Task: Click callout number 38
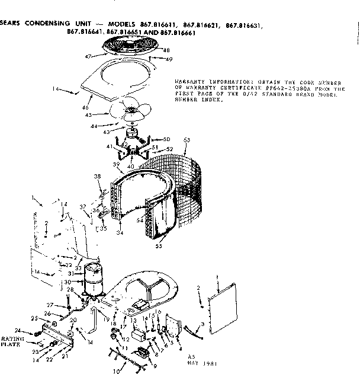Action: point(98,177)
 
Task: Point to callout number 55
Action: point(159,245)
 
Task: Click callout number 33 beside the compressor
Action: point(78,268)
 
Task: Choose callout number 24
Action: point(18,331)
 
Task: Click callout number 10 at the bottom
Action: point(116,370)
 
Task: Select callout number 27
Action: point(50,305)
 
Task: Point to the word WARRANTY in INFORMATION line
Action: point(189,81)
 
